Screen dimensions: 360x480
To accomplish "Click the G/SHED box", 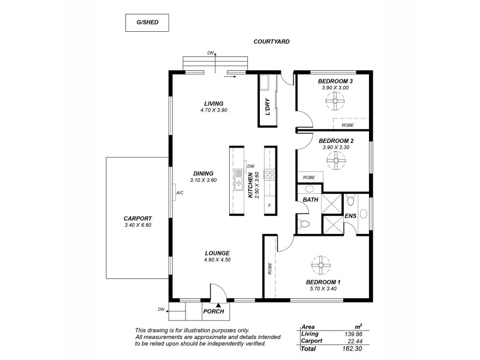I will (x=147, y=23).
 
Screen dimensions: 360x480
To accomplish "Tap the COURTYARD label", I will (x=271, y=42).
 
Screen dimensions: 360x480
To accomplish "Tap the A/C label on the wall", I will (x=180, y=193).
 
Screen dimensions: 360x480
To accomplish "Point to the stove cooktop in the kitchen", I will (x=270, y=175).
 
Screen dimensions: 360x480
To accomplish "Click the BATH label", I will (x=310, y=199).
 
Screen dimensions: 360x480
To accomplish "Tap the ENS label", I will (x=351, y=216).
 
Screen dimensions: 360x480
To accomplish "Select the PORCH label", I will (x=214, y=311).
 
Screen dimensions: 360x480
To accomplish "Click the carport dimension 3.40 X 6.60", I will (x=137, y=225).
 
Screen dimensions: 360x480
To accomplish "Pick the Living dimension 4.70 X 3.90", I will (x=214, y=110).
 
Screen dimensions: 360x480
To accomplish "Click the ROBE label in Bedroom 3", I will (x=347, y=125).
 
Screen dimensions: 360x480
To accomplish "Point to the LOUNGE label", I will (x=217, y=253).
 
